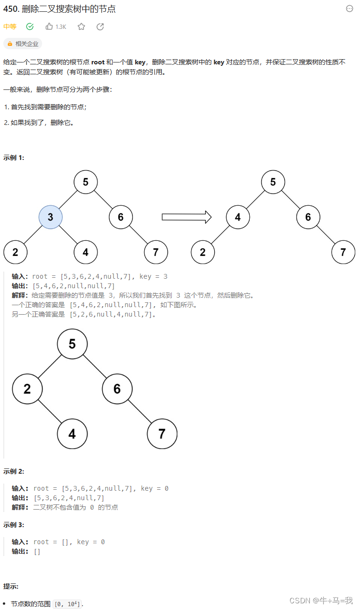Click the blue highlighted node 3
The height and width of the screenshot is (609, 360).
tap(50, 217)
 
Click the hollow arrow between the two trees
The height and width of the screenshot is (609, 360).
tap(186, 217)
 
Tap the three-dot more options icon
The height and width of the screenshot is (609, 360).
tap(350, 9)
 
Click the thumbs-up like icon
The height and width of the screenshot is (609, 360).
tap(49, 27)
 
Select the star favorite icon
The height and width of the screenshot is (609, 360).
tap(81, 27)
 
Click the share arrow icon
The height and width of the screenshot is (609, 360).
tap(100, 27)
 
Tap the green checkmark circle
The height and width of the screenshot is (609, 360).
tap(30, 27)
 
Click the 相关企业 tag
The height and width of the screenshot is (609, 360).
tap(23, 44)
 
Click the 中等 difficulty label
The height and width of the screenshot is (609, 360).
tap(9, 27)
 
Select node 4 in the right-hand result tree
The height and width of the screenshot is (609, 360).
tap(237, 217)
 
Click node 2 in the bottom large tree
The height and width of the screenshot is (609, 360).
tap(27, 388)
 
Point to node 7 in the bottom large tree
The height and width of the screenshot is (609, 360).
tap(162, 433)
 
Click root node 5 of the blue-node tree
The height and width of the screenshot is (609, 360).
tap(86, 182)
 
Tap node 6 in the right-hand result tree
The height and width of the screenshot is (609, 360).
tap(308, 217)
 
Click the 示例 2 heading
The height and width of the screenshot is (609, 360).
tap(13, 471)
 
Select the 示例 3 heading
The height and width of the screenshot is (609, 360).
tap(13, 525)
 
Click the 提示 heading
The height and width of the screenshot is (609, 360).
tap(10, 586)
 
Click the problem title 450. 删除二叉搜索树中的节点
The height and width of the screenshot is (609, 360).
tap(59, 9)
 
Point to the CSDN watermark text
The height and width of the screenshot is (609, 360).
tap(321, 600)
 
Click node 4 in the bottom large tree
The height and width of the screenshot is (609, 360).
tap(72, 433)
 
